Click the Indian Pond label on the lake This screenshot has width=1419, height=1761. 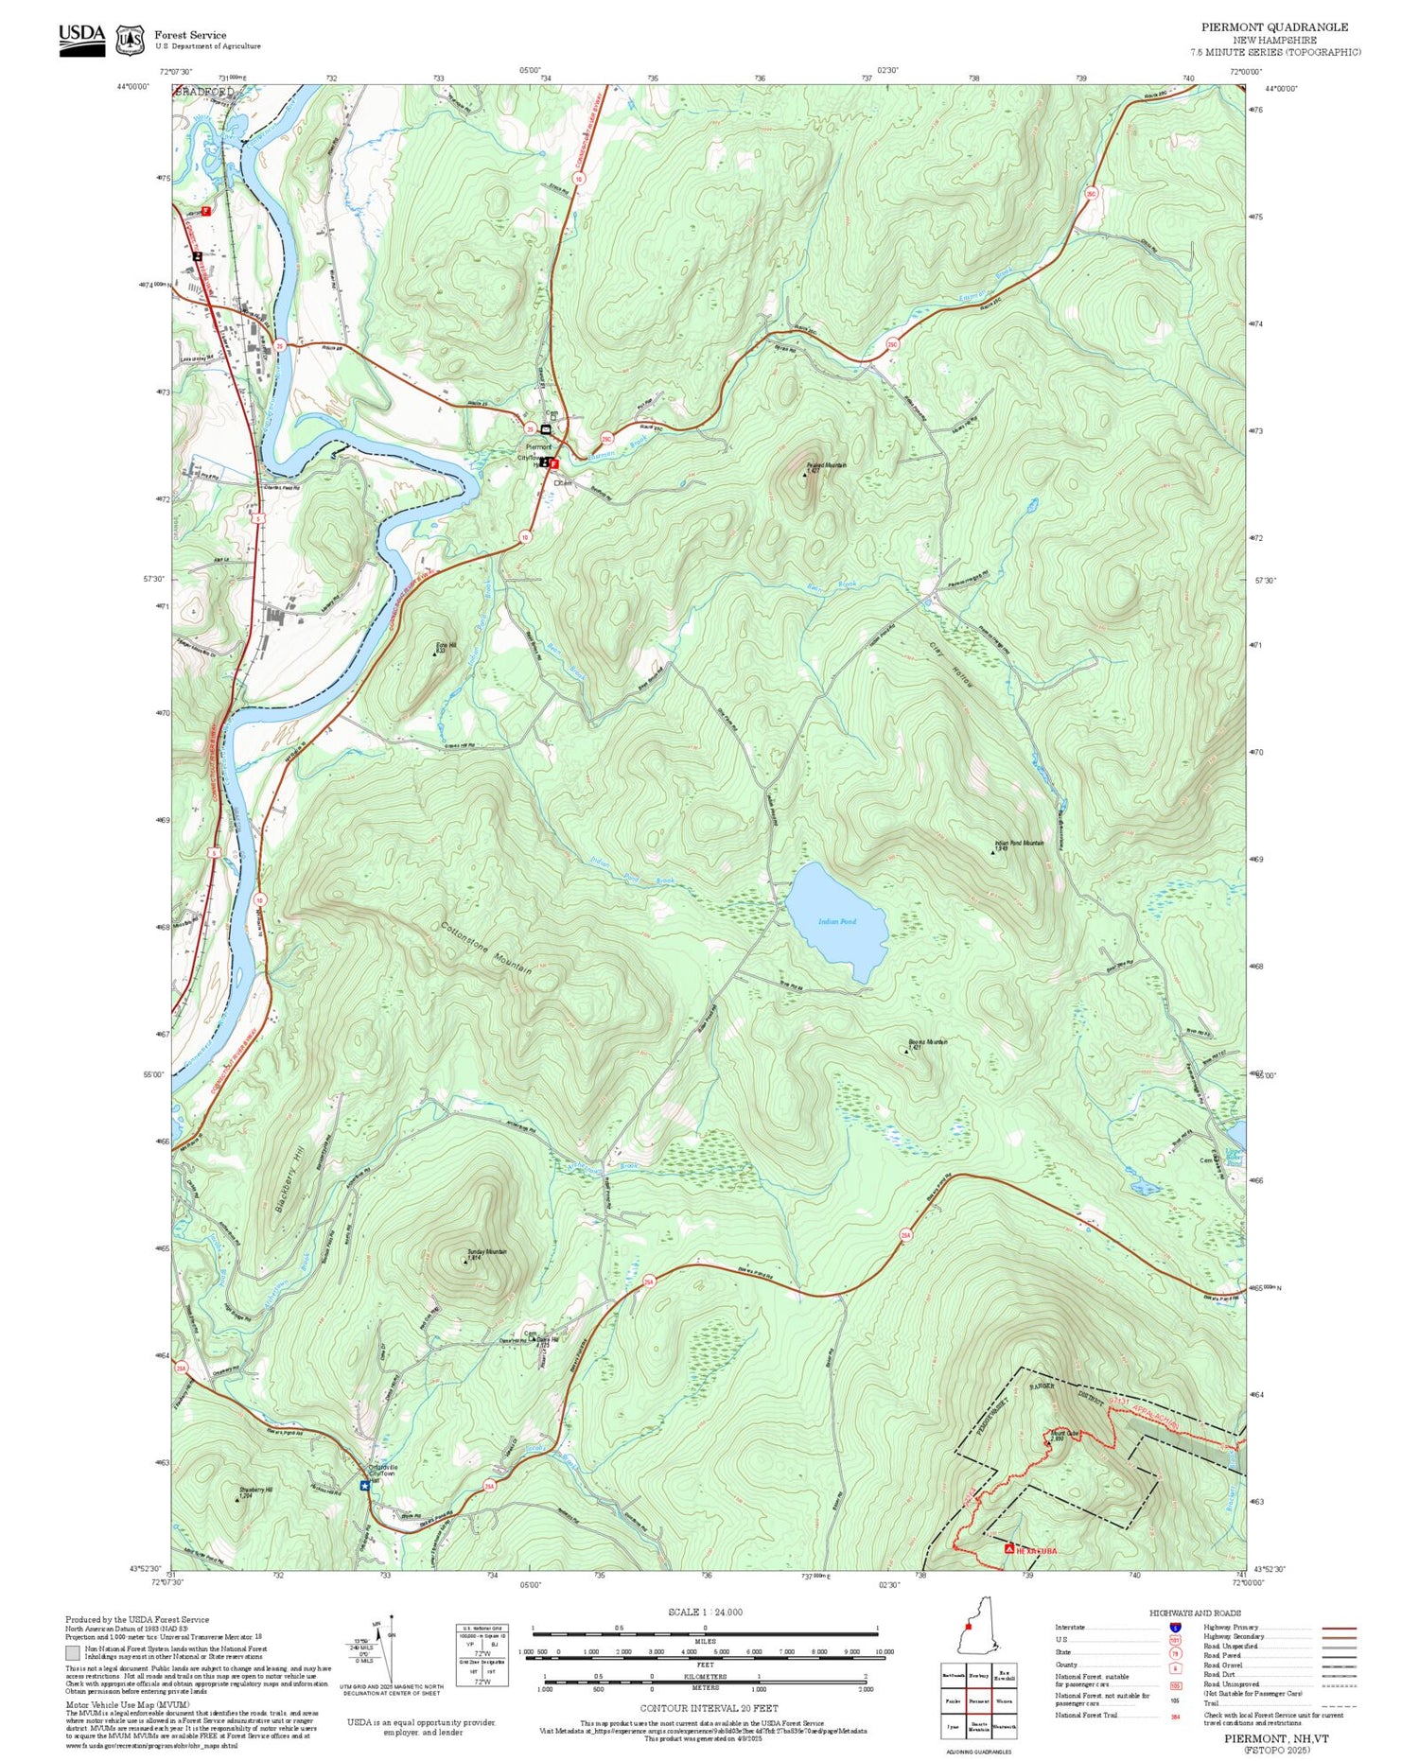pyautogui.click(x=836, y=920)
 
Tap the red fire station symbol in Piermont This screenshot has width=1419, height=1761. pyautogui.click(x=555, y=464)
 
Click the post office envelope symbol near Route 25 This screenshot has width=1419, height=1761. pyautogui.click(x=546, y=429)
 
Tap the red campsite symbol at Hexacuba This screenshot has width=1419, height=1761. pyautogui.click(x=1009, y=1549)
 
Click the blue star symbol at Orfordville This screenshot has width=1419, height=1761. pyautogui.click(x=364, y=1486)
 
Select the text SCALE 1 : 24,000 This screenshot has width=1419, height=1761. pyautogui.click(x=705, y=1612)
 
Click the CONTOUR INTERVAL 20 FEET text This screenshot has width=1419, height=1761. pyautogui.click(x=709, y=1708)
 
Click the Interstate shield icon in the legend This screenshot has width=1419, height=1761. pyautogui.click(x=1175, y=1627)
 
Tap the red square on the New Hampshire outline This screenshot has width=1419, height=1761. pyautogui.click(x=967, y=1627)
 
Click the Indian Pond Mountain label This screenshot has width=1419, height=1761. pyautogui.click(x=1019, y=842)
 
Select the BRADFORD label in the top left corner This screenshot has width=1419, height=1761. pyautogui.click(x=204, y=92)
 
